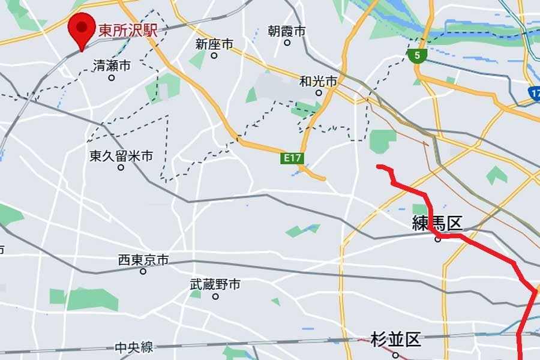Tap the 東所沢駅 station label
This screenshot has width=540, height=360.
[x=128, y=30]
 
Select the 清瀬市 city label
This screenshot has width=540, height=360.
[x=112, y=65]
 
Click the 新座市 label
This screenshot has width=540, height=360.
[x=214, y=44]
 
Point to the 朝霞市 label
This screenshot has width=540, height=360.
[x=287, y=31]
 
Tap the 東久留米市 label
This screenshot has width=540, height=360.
[x=121, y=156]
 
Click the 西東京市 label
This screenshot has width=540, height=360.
[x=143, y=260]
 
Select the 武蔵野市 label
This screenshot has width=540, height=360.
[x=215, y=284]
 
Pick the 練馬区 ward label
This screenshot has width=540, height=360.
[x=437, y=224]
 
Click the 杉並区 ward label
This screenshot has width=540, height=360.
[x=395, y=340]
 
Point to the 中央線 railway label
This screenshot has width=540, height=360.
[x=134, y=347]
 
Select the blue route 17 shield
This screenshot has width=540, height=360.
[x=535, y=93]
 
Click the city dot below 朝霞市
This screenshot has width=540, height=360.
[x=287, y=43]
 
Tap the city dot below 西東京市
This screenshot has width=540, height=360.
[x=143, y=271]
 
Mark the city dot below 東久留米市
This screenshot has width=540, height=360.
[x=121, y=167]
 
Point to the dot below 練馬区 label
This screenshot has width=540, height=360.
[x=438, y=239]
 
